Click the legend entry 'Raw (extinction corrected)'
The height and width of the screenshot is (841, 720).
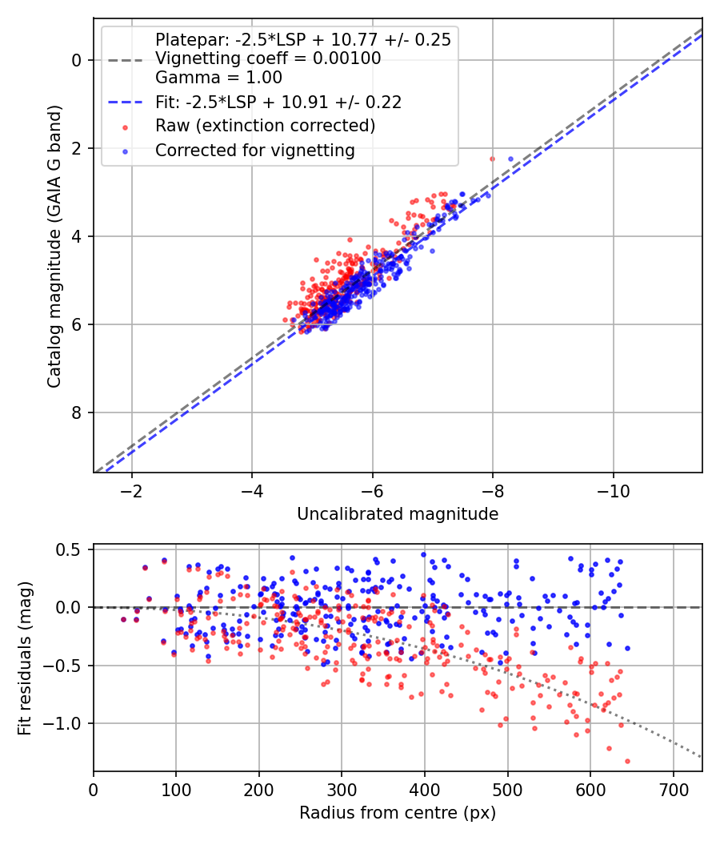point(265,126)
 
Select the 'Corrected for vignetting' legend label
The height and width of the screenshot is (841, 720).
point(255,151)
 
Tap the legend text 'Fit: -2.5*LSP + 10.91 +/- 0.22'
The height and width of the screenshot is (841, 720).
point(278,102)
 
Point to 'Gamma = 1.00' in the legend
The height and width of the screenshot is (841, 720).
point(218,77)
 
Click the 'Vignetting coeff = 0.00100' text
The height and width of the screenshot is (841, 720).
point(268,58)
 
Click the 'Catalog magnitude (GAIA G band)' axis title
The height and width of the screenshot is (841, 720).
point(54,246)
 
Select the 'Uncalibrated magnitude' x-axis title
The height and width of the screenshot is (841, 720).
point(398,514)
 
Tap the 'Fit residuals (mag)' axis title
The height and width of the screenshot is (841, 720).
point(25,658)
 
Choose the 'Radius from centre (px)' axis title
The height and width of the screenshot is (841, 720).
point(398,813)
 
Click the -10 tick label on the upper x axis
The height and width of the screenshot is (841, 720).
point(614,491)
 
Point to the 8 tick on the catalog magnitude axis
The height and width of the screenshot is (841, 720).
point(77,412)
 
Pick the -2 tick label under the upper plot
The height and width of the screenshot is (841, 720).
point(131,491)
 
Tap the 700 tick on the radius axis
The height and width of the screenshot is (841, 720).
point(673,790)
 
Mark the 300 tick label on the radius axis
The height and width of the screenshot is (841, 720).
point(342,790)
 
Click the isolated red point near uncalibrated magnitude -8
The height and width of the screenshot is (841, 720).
point(492,159)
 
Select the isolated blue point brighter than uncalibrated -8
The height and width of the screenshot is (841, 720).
point(510,159)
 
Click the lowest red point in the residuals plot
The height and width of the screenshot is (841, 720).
point(627,761)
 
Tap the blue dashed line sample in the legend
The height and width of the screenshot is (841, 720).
point(126,102)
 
